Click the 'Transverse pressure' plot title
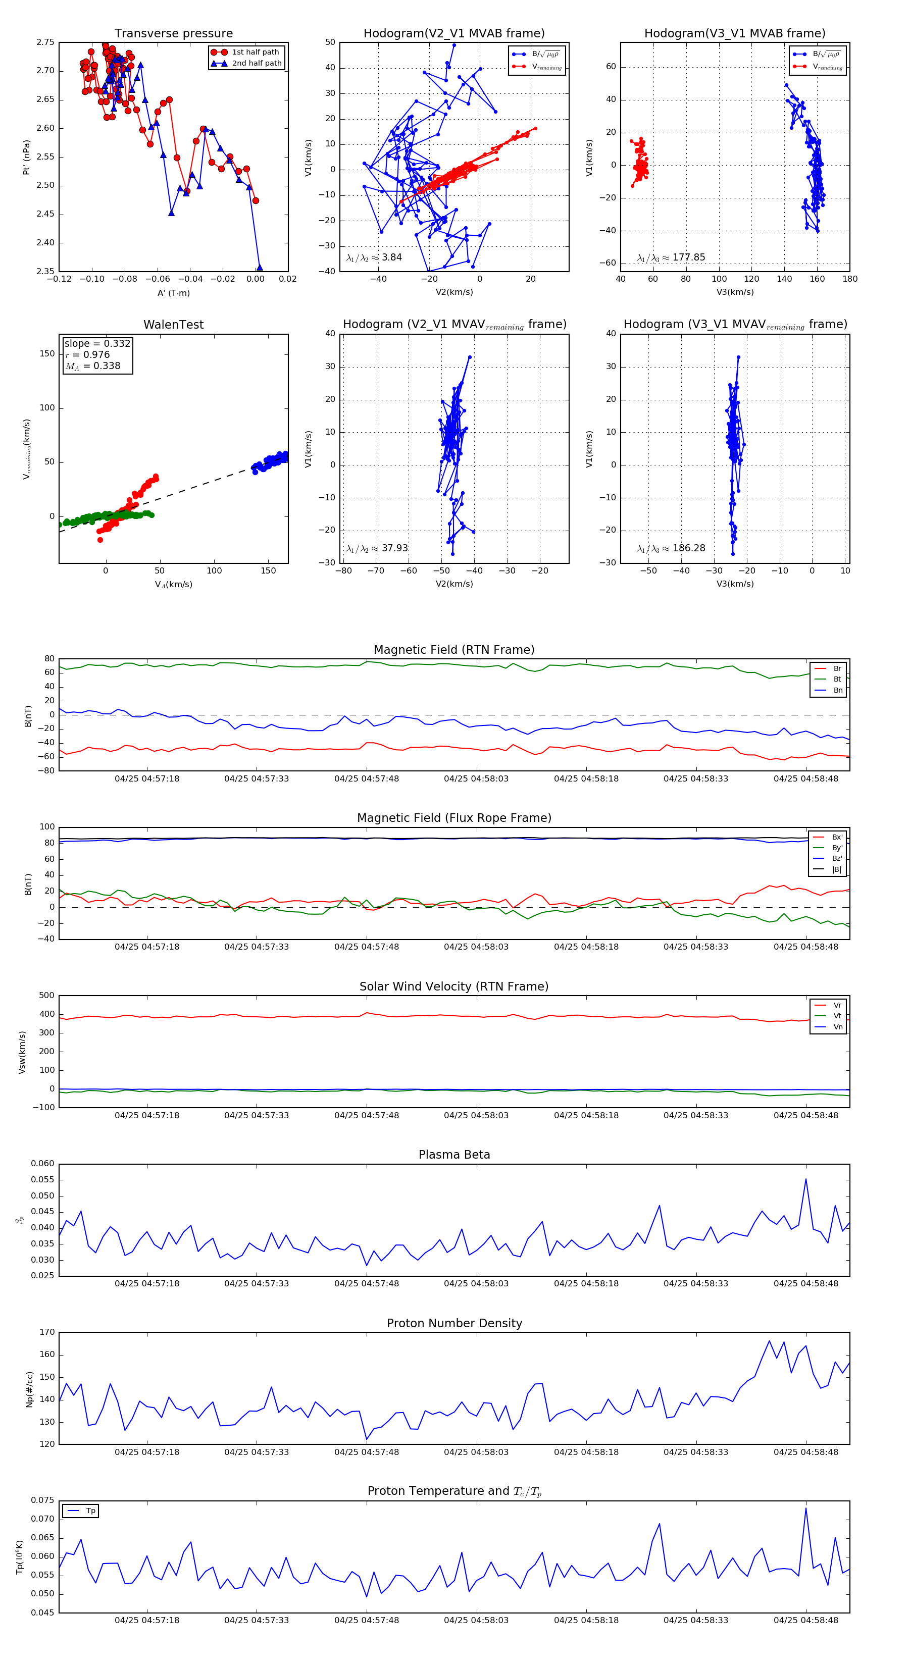tap(173, 34)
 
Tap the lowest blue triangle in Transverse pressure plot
tap(260, 267)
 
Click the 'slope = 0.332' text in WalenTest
tap(97, 343)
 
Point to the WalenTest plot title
tap(173, 325)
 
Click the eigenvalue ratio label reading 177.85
tap(671, 257)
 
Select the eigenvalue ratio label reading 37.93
tap(377, 548)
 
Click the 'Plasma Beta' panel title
tap(454, 1155)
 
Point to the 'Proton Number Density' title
tap(454, 1323)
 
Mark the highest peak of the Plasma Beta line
tap(805, 1178)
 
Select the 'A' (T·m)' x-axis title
tap(173, 293)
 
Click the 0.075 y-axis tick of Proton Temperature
tap(43, 1500)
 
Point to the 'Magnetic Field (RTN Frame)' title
tap(454, 650)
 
